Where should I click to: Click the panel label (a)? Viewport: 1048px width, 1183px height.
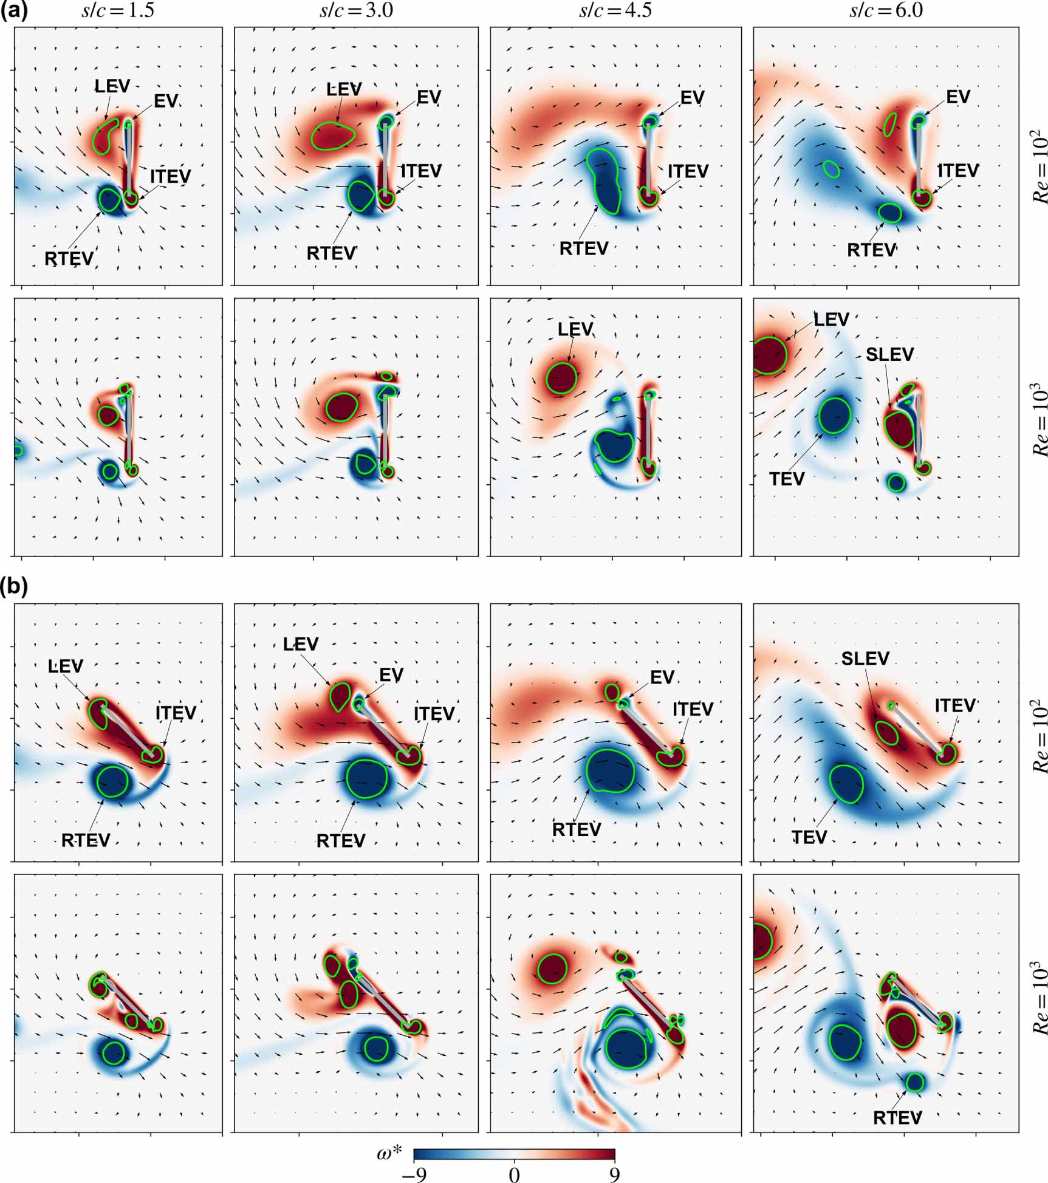point(14,12)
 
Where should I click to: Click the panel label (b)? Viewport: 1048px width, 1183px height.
point(14,586)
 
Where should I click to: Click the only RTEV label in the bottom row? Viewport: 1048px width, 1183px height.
point(897,1117)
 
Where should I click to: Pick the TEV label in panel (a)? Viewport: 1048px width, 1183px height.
point(787,479)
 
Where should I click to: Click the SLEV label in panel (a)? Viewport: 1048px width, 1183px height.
point(889,354)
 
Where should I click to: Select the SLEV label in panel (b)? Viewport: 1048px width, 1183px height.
point(865,659)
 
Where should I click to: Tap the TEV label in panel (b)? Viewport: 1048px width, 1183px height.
point(809,837)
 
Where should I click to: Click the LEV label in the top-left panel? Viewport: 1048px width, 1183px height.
point(112,86)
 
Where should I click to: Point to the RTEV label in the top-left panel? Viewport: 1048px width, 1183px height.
point(69,258)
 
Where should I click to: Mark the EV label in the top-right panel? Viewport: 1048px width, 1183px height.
point(958,97)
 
